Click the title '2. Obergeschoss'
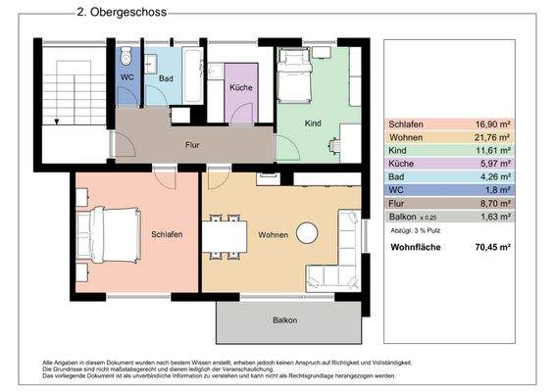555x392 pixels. pos(121,13)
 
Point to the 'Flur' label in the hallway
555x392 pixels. pos(193,144)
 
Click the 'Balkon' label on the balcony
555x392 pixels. pos(284,320)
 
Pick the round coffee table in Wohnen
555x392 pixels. pos(309,233)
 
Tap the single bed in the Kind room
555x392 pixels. pos(292,76)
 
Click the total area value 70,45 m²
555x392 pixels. pos(494,248)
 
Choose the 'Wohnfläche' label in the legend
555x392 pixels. pos(415,248)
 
